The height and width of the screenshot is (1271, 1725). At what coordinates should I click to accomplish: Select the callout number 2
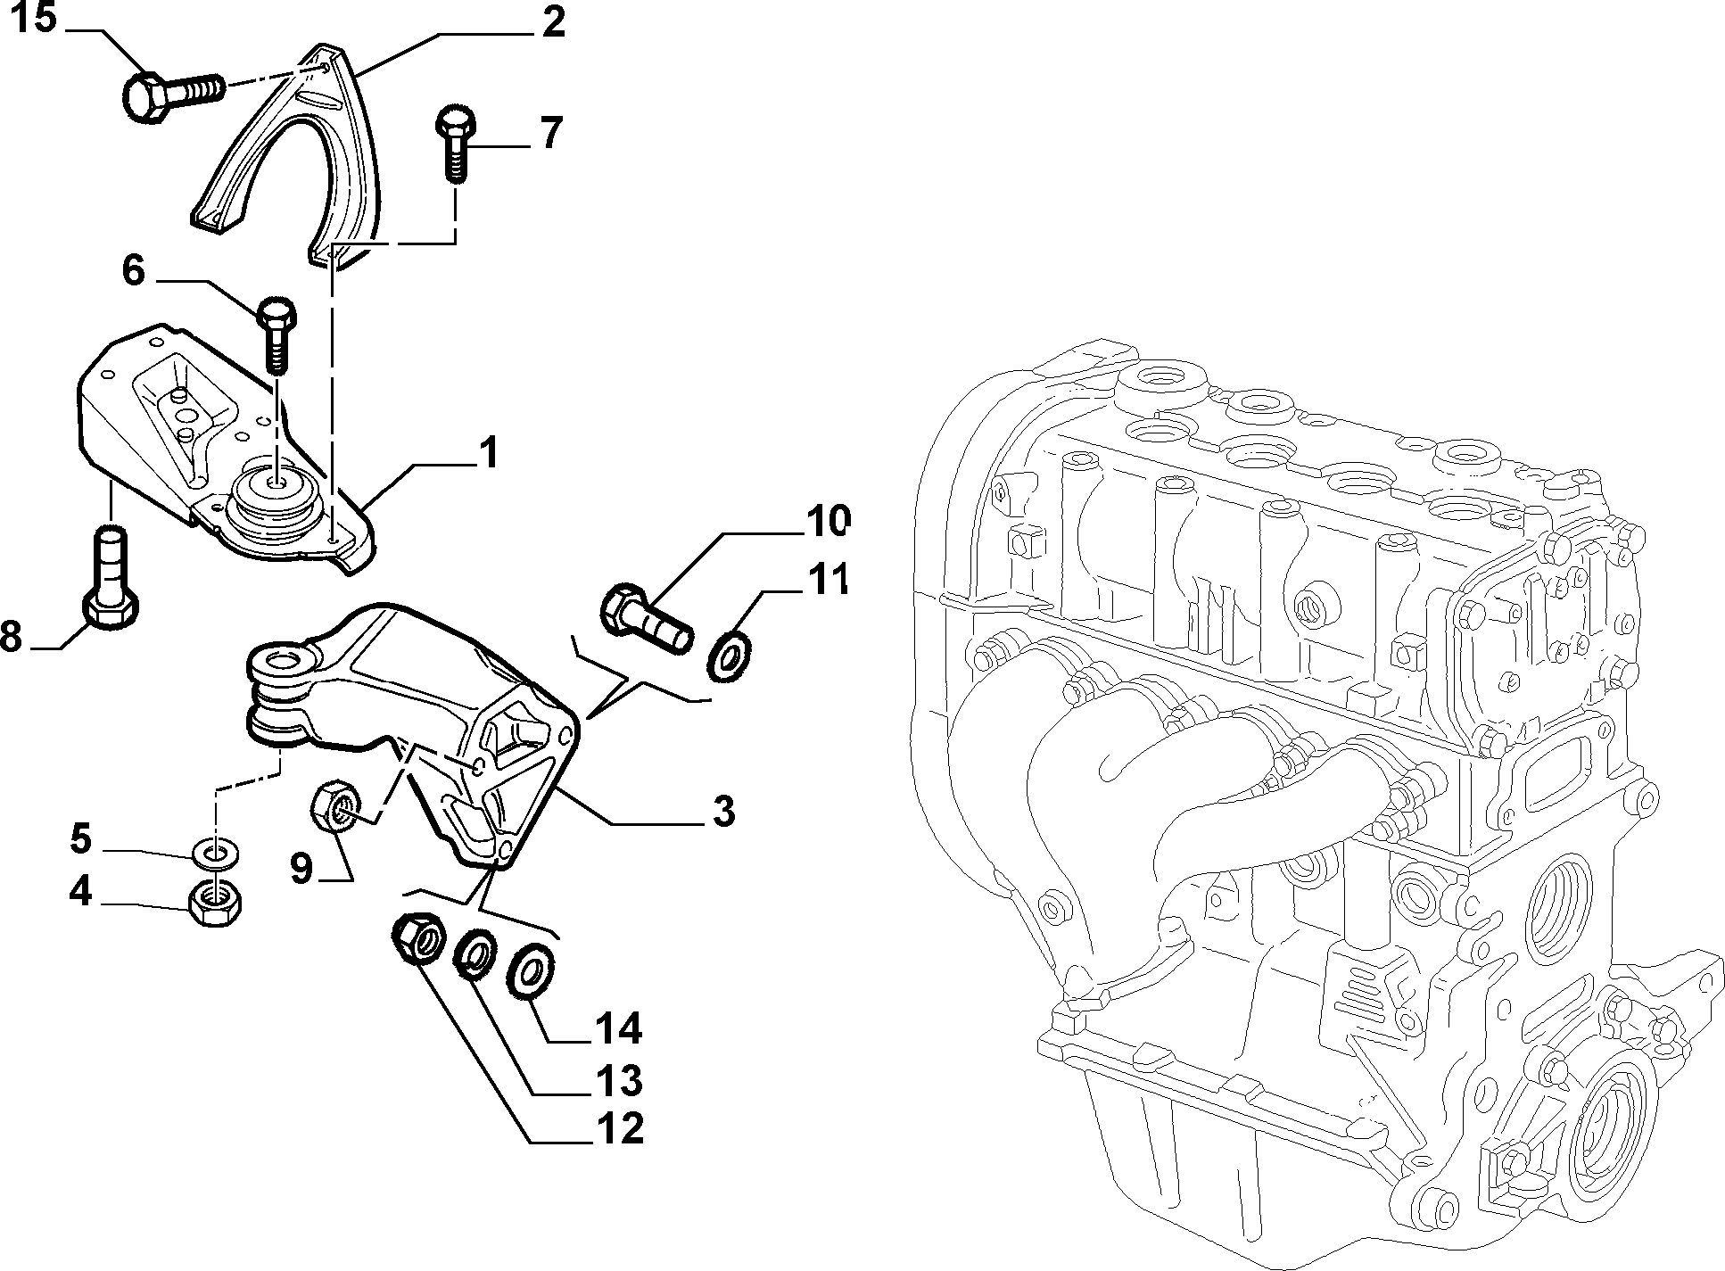(553, 21)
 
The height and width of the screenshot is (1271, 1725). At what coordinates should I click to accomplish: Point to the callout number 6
(133, 271)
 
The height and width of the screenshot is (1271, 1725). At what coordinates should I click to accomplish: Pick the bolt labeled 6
(277, 337)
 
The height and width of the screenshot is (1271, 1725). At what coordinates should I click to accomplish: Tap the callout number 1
(488, 454)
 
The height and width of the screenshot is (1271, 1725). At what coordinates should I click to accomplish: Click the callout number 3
(723, 811)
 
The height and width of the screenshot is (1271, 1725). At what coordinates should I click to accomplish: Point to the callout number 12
(617, 1129)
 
